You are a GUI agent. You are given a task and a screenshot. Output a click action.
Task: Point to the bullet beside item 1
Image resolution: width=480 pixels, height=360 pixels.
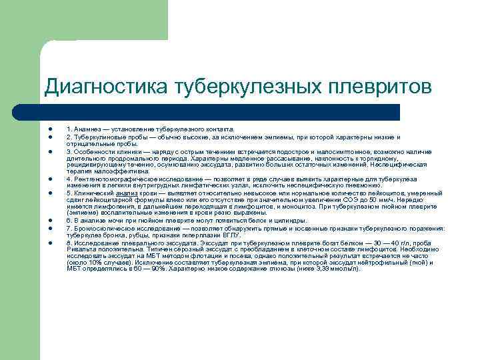[50, 128]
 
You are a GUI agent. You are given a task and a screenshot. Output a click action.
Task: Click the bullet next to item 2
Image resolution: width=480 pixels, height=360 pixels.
[50, 137]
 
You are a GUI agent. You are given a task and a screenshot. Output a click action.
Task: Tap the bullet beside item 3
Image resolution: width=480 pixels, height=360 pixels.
[50, 152]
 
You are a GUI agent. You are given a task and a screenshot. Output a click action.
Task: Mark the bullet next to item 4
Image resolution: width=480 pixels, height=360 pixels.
[50, 179]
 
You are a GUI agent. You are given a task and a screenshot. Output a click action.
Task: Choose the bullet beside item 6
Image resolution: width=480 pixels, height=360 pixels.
[50, 221]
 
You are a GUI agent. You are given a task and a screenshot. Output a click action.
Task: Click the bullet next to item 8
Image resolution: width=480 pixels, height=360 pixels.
[50, 242]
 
